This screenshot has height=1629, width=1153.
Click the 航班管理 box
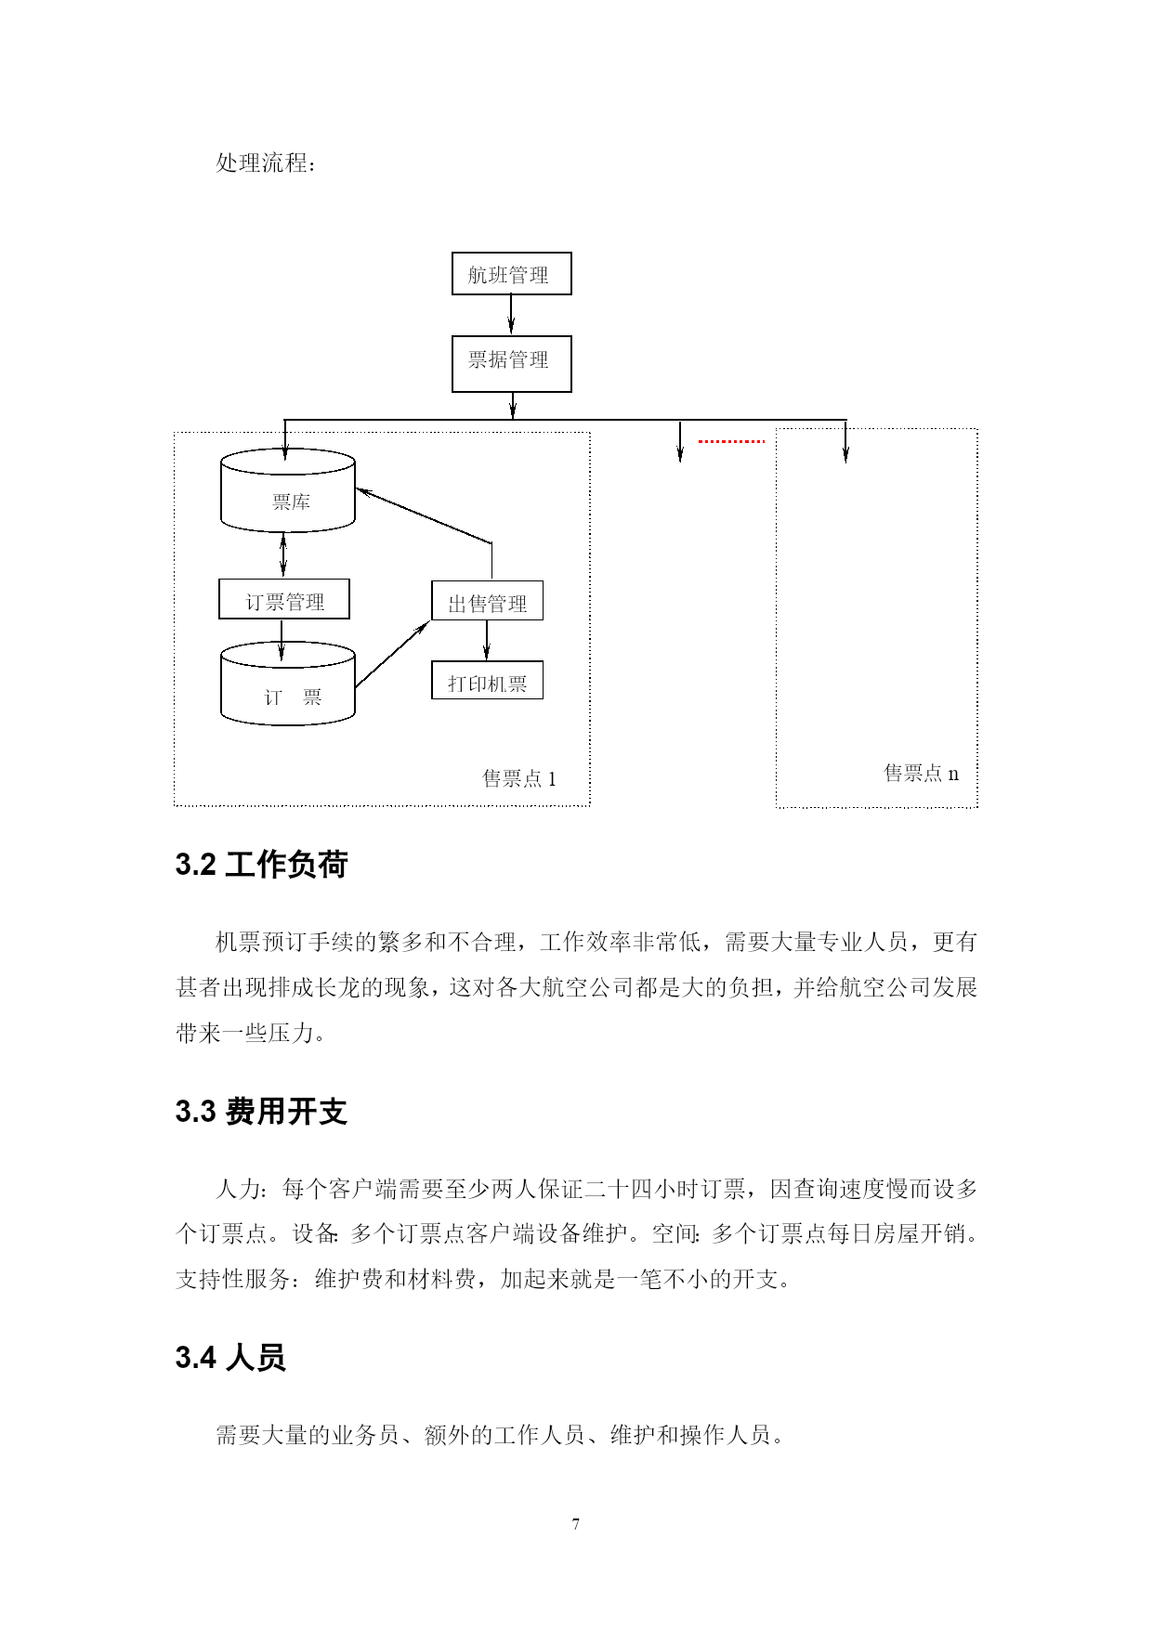click(511, 274)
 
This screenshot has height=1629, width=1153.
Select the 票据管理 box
click(511, 363)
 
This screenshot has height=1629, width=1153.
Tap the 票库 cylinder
click(288, 490)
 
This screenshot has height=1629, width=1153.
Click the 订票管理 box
click(284, 599)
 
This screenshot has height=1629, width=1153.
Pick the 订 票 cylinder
click(288, 684)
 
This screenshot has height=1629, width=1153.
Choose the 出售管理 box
click(487, 601)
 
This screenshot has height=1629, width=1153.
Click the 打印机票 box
click(487, 681)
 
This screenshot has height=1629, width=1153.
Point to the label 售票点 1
click(519, 778)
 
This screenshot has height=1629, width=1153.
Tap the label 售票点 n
click(922, 773)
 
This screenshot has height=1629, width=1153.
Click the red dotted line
click(731, 441)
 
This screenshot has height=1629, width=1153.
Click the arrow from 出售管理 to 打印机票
click(487, 641)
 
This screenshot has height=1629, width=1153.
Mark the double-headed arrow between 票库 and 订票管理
click(283, 555)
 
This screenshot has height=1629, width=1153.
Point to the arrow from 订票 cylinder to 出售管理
click(392, 655)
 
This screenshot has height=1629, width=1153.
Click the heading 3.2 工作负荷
click(261, 865)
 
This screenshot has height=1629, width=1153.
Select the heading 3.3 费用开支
click(261, 1111)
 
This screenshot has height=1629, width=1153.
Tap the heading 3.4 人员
click(230, 1358)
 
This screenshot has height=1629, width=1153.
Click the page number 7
click(576, 1524)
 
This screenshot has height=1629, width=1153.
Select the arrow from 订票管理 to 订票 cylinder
click(282, 640)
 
